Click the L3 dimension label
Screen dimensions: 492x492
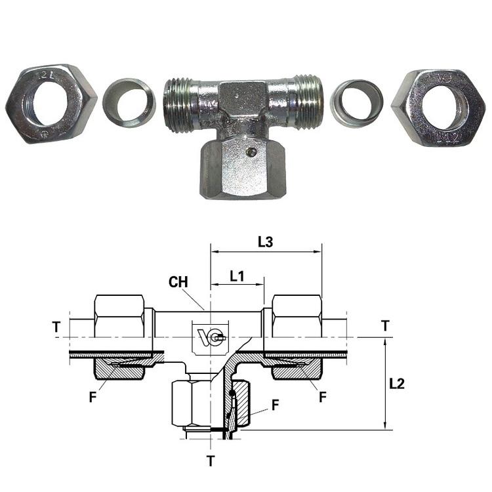tap(266, 242)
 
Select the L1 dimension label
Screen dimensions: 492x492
tap(237, 276)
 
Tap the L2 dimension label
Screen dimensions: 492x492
tap(397, 384)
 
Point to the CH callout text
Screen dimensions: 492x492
tap(178, 282)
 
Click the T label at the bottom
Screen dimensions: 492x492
tap(211, 461)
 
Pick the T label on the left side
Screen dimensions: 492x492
tap(56, 327)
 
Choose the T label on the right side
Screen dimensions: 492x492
tap(385, 325)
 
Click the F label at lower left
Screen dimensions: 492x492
tap(92, 397)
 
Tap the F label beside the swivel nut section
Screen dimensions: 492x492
tap(275, 405)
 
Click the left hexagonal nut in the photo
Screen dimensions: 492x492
tap(51, 104)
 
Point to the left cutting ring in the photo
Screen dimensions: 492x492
tap(129, 103)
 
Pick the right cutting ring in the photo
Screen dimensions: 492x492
tap(356, 104)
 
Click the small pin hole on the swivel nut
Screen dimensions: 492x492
tap(251, 153)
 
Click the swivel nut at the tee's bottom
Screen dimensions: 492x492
tap(243, 168)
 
